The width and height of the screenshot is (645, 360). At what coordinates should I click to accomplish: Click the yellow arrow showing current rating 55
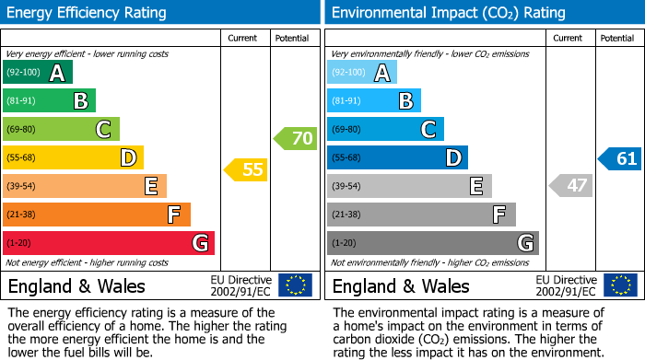(x=246, y=169)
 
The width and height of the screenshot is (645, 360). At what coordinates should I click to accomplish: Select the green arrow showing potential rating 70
(x=295, y=139)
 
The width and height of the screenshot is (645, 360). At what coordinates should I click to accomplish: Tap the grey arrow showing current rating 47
(x=570, y=185)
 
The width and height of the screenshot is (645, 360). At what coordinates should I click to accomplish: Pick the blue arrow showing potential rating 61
(x=619, y=158)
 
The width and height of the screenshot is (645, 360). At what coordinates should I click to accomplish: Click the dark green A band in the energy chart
(x=38, y=73)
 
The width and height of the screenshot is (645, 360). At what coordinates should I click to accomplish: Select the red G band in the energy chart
(x=109, y=243)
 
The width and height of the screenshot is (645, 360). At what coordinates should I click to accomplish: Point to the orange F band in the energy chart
(x=97, y=215)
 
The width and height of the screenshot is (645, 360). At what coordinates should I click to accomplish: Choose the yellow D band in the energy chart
(x=73, y=158)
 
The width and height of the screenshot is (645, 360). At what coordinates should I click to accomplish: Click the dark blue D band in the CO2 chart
(x=397, y=158)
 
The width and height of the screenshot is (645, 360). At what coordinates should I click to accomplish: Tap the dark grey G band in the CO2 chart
(x=432, y=243)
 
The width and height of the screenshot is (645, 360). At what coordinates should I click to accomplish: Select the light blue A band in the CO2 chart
(x=362, y=73)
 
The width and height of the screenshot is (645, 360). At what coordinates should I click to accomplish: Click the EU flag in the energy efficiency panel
(x=295, y=285)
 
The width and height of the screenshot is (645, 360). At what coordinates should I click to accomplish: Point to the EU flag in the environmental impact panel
(x=619, y=285)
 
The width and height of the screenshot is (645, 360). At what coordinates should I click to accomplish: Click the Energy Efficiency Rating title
(x=88, y=13)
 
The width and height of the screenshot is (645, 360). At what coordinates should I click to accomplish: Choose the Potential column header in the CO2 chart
(x=617, y=38)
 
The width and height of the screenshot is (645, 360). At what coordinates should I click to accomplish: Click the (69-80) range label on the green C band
(x=23, y=130)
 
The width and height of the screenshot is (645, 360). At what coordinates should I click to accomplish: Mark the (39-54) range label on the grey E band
(x=347, y=186)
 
